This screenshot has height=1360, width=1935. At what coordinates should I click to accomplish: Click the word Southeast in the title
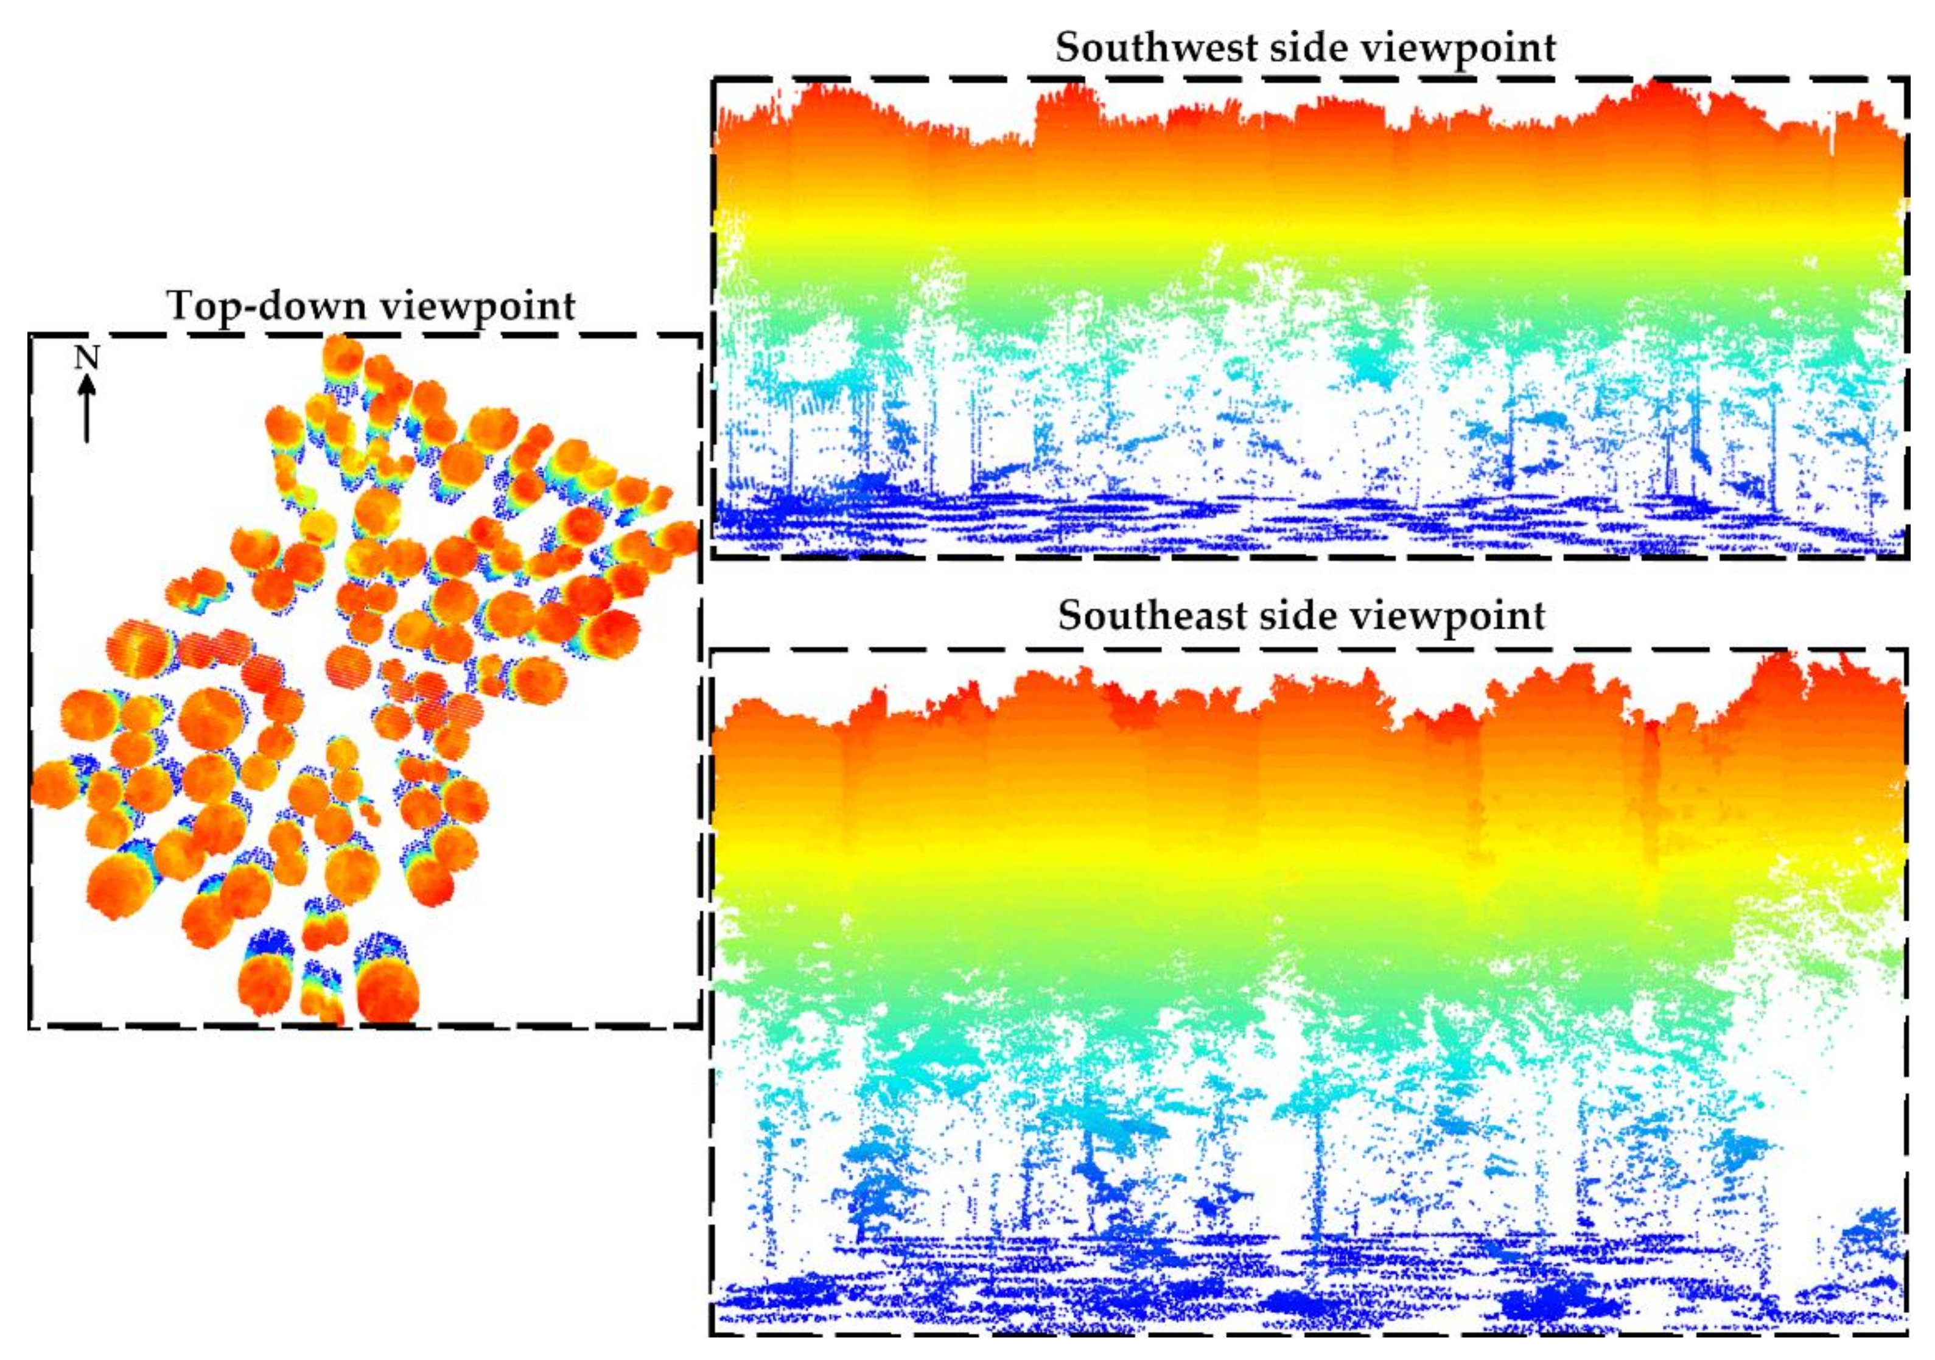[1152, 616]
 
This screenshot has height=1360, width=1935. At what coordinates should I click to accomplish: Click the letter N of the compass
[87, 359]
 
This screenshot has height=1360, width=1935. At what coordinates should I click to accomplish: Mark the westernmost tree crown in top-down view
[52, 784]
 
